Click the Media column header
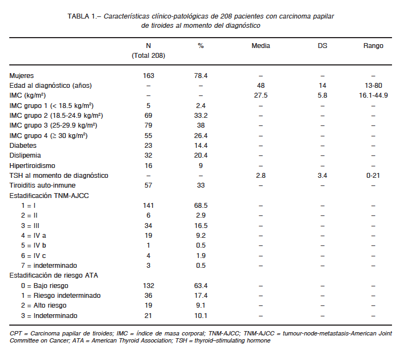pos(261,46)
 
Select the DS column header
pos(322,46)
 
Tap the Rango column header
pos(373,46)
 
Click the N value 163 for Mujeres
pos(148,76)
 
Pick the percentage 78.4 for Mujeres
pos(201,76)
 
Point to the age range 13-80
pos(373,86)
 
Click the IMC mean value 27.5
pos(261,95)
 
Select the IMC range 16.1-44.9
pos(373,95)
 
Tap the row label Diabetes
pos(23,146)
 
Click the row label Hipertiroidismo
pos(32,166)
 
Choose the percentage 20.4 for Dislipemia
pos(201,155)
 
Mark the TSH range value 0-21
pos(373,176)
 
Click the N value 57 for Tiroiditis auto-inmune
pos(148,185)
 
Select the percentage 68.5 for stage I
pos(201,206)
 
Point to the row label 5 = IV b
pos(33,245)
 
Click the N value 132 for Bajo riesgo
pos(148,286)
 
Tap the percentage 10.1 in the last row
pos(201,316)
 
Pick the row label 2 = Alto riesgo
pos(44,305)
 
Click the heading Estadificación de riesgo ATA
pos(53,275)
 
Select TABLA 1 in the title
pos(82,16)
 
